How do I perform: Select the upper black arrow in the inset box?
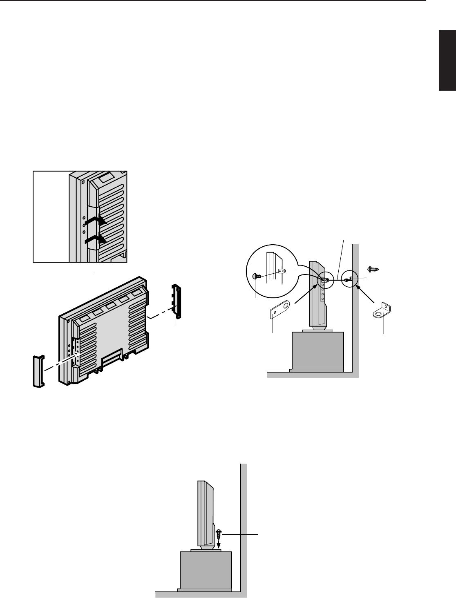coord(96,221)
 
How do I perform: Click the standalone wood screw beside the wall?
coord(373,270)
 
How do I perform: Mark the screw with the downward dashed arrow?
coord(219,533)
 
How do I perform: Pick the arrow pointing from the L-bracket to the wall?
coord(367,295)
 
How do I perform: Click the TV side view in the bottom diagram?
coord(205,515)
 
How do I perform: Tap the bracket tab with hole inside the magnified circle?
coord(282,270)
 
